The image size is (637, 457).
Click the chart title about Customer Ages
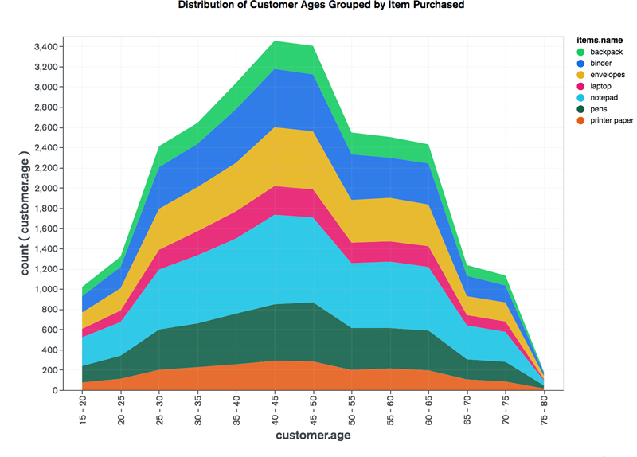tap(321, 5)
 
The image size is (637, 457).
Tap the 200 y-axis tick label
tap(49, 370)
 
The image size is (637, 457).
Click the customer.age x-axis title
tap(313, 436)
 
